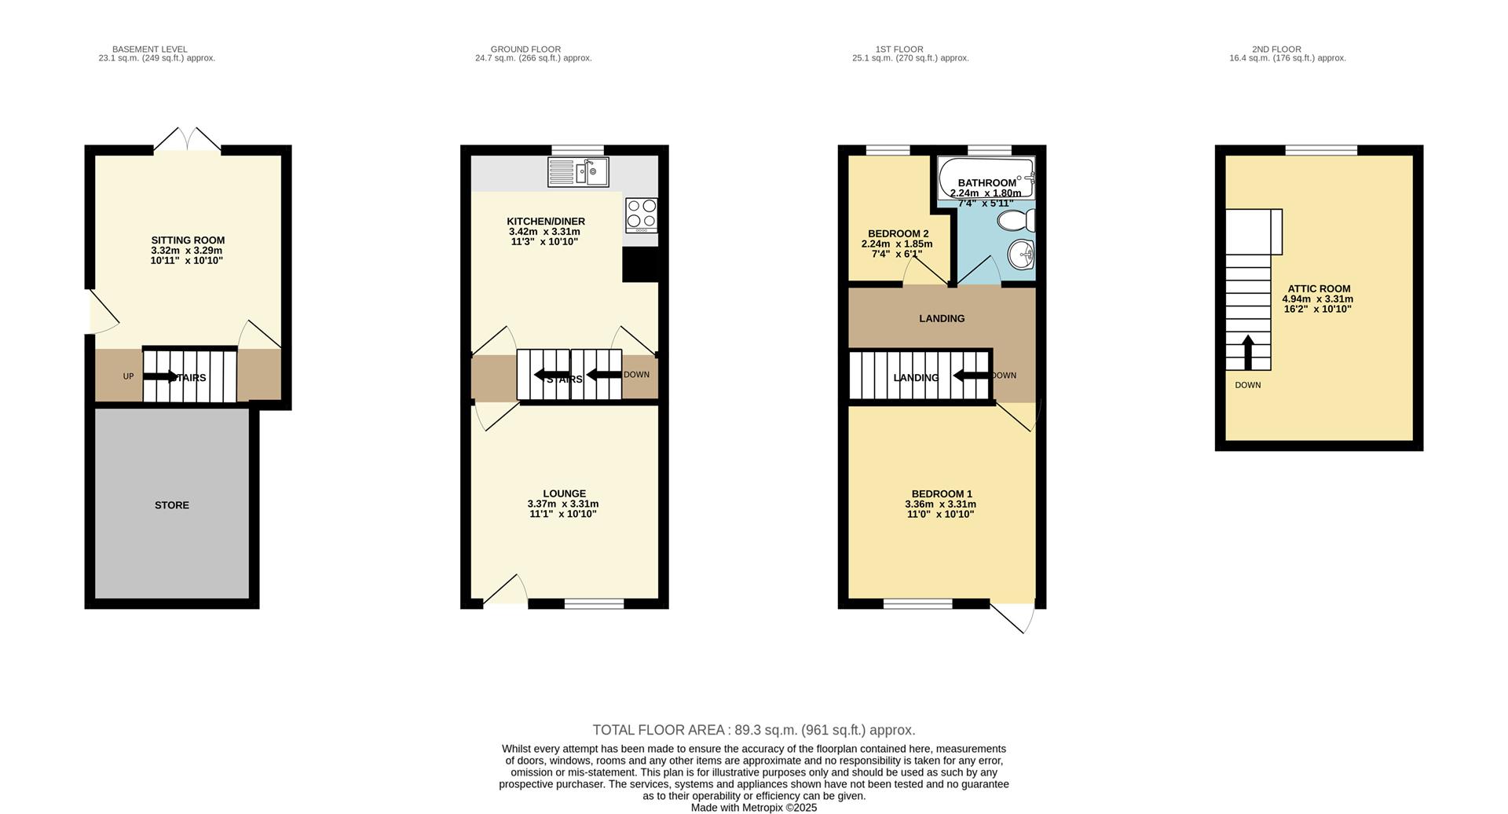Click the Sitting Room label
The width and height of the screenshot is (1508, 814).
click(188, 240)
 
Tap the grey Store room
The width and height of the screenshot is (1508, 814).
click(171, 505)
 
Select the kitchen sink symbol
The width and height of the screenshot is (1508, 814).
click(578, 172)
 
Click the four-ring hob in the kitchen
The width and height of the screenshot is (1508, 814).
click(641, 214)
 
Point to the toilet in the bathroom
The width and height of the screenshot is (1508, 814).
click(1016, 219)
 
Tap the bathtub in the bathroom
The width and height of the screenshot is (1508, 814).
click(986, 178)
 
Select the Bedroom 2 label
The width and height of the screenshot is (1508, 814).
click(898, 233)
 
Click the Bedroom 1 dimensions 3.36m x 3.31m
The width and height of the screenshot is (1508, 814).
click(940, 504)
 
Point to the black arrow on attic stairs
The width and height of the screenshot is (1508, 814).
click(1247, 351)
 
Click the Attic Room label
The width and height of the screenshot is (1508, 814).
click(1319, 288)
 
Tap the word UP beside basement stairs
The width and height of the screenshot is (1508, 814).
click(128, 376)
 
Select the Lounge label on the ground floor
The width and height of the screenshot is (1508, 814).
click(564, 493)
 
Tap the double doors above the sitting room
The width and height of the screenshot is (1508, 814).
click(187, 140)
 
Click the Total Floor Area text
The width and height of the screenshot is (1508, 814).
click(753, 730)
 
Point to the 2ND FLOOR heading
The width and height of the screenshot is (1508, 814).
click(1287, 49)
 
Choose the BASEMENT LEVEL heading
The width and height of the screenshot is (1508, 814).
click(149, 49)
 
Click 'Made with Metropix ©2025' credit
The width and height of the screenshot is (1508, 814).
click(753, 807)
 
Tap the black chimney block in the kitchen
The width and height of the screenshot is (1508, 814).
click(639, 265)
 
